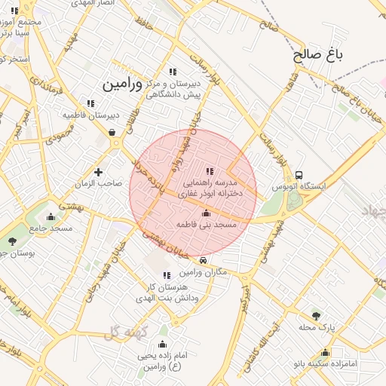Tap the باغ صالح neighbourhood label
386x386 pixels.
pyautogui.click(x=317, y=55)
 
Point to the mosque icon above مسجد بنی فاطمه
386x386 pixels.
pyautogui.click(x=207, y=214)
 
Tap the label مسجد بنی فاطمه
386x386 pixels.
pyautogui.click(x=207, y=225)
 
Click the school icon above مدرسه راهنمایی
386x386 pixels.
pyautogui.click(x=209, y=172)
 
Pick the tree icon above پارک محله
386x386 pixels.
pyautogui.click(x=317, y=315)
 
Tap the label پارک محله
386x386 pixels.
pyautogui.click(x=316, y=327)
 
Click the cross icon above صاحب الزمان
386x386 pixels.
pyautogui.click(x=98, y=173)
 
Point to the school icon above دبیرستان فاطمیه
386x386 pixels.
pyautogui.click(x=90, y=103)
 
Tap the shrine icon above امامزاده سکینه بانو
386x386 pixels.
pyautogui.click(x=325, y=352)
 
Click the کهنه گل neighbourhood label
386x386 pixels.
pyautogui.click(x=123, y=332)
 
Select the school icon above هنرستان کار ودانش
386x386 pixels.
pyautogui.click(x=167, y=275)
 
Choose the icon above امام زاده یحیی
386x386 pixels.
pyautogui.click(x=162, y=345)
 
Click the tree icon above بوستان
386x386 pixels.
pyautogui.click(x=12, y=241)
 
